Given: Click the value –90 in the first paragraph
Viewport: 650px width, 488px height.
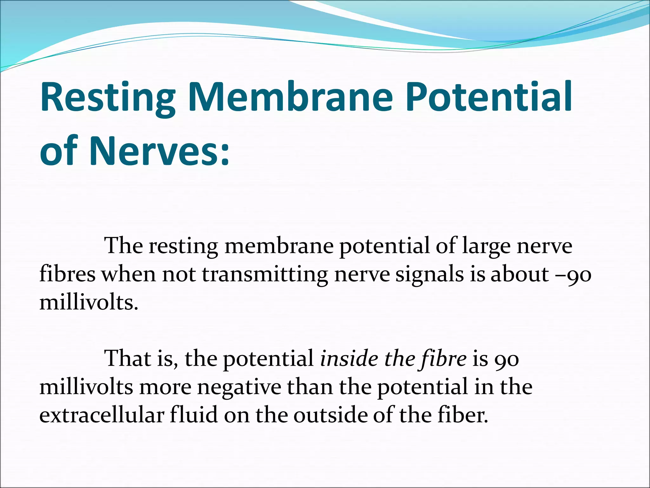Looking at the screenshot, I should (573, 275).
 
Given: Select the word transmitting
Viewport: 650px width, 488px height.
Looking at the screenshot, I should (265, 274).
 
